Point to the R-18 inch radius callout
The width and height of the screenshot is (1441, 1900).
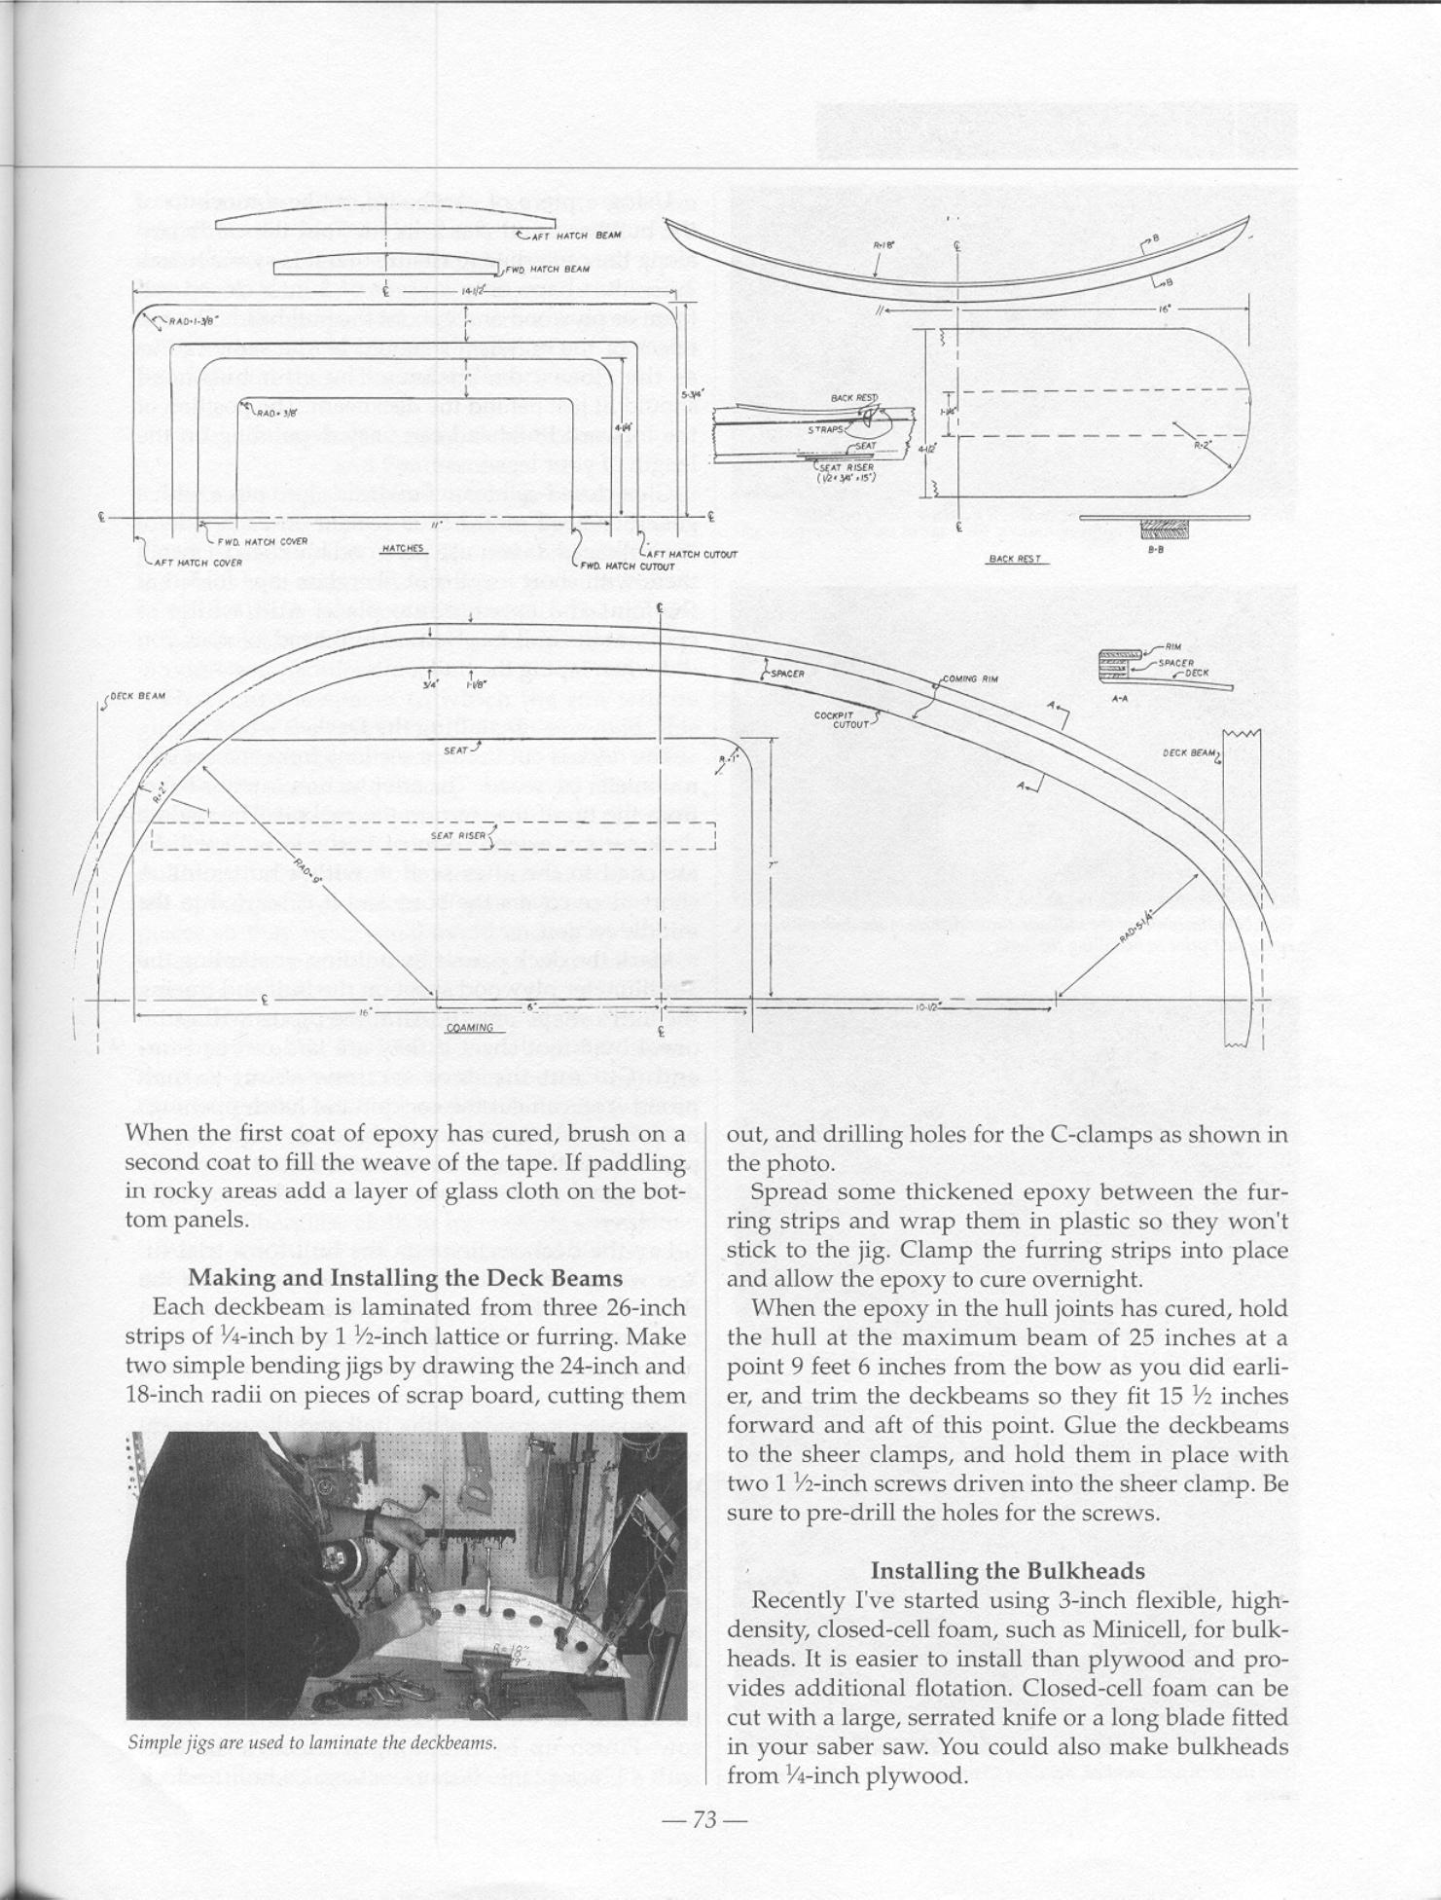[883, 247]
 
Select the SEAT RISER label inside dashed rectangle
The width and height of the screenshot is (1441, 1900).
[458, 835]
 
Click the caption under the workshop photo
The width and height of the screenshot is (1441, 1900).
[312, 1742]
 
